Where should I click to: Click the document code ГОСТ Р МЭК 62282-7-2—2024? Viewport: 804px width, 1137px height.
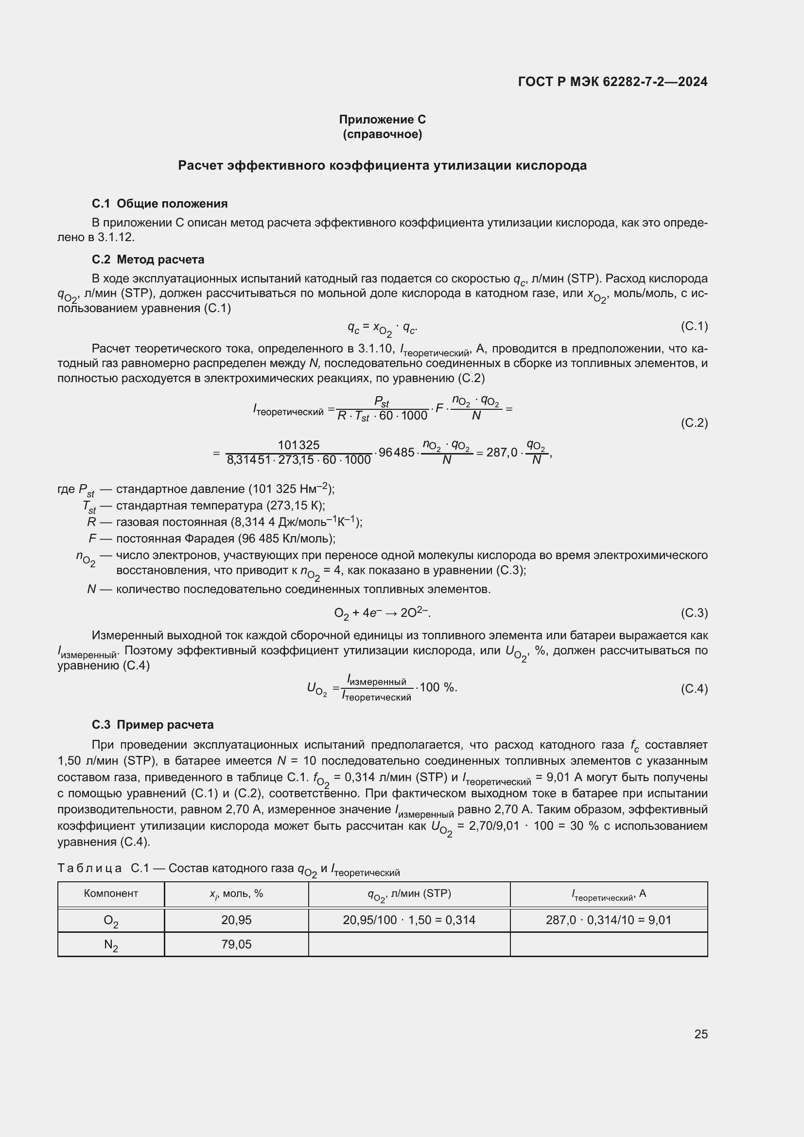click(x=612, y=82)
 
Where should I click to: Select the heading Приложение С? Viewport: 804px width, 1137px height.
click(x=382, y=120)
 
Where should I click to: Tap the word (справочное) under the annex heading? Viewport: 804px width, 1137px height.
click(x=382, y=134)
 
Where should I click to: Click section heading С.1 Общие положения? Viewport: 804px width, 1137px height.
click(x=159, y=204)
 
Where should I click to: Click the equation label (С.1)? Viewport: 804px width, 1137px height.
click(x=694, y=326)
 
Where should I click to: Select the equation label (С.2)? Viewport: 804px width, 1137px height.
click(x=694, y=422)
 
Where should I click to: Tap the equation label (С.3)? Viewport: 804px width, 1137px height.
click(x=694, y=613)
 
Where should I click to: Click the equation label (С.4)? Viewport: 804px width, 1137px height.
click(x=694, y=689)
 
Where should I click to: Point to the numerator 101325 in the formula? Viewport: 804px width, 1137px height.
click(x=298, y=445)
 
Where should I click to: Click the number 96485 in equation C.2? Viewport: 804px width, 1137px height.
click(x=396, y=453)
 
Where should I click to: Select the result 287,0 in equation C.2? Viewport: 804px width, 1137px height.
click(x=502, y=453)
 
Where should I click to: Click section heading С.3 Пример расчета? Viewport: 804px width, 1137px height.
click(x=153, y=724)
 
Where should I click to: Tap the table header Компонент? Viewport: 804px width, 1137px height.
click(x=111, y=893)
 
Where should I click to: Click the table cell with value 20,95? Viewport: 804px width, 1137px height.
click(x=236, y=920)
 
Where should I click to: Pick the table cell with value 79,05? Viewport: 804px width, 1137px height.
click(x=236, y=945)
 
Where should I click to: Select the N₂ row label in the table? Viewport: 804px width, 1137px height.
click(x=111, y=945)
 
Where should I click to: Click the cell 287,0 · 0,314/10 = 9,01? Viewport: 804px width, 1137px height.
click(x=609, y=920)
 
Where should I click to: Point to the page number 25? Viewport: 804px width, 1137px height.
click(x=700, y=1034)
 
